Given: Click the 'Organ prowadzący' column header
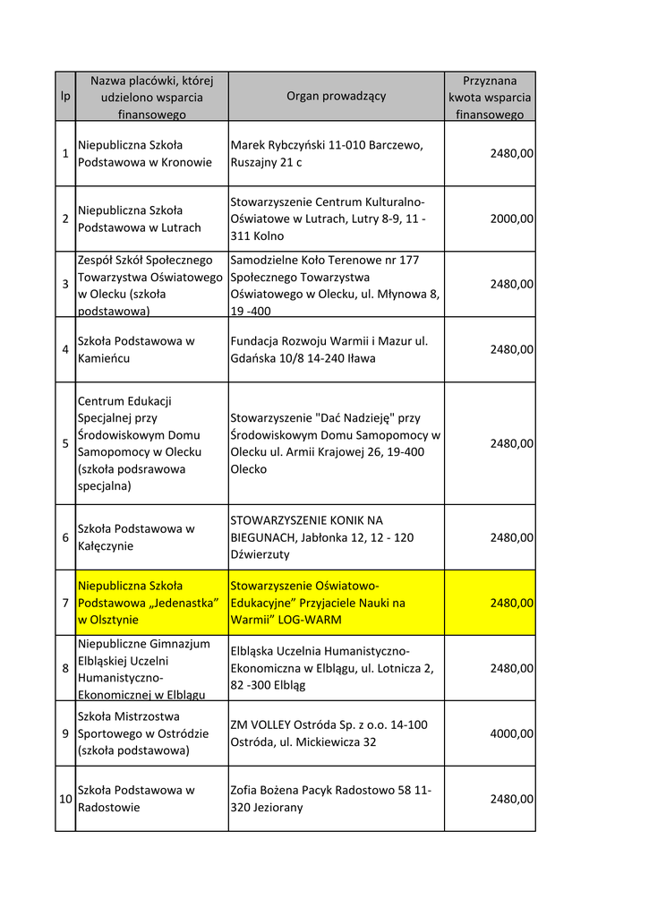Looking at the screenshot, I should [x=336, y=97].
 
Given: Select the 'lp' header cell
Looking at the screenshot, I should [x=65, y=97].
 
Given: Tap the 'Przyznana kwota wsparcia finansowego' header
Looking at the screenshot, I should [x=490, y=97].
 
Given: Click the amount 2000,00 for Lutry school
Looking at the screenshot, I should [x=511, y=219].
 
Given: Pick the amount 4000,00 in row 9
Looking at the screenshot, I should [x=511, y=733].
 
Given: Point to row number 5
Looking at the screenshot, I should [x=65, y=443].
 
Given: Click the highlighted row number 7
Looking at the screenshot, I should [x=65, y=603].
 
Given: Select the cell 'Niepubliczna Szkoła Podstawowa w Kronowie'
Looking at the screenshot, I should [x=145, y=153].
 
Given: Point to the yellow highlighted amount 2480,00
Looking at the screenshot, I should [x=511, y=603].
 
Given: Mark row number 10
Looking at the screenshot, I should [x=65, y=799].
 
